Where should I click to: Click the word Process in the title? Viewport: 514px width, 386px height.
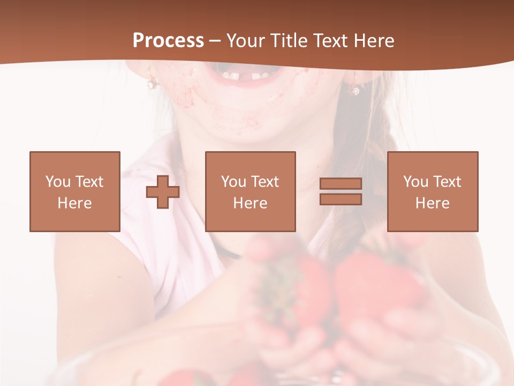click(x=168, y=40)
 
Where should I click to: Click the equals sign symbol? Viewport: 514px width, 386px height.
click(x=341, y=191)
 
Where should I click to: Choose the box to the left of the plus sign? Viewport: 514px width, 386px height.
click(x=74, y=191)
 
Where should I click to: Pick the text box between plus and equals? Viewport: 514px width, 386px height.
click(x=250, y=191)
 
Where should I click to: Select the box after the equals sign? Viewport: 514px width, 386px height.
click(x=432, y=191)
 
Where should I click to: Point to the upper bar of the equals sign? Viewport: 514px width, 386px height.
click(x=341, y=184)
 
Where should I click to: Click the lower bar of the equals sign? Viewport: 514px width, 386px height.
click(x=341, y=199)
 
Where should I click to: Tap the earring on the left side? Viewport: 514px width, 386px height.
click(x=152, y=83)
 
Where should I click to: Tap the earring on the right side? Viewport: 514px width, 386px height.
click(x=355, y=88)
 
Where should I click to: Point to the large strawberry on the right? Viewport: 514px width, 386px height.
click(x=375, y=284)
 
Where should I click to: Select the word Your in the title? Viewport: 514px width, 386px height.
click(x=245, y=41)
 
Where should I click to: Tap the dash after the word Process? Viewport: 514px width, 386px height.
click(x=215, y=41)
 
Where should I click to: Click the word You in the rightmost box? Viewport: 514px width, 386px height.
click(x=414, y=182)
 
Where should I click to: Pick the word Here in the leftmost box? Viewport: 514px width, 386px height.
click(x=74, y=203)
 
